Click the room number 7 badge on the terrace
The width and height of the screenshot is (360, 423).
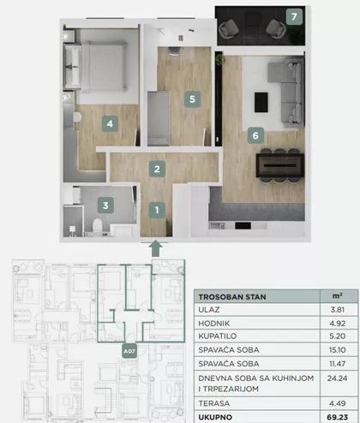[294, 16]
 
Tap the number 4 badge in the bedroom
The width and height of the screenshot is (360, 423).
[110, 123]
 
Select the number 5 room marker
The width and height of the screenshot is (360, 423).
[192, 99]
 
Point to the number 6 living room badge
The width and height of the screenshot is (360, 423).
[255, 135]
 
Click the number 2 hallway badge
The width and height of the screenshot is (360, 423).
[157, 169]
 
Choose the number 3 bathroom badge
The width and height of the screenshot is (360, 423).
[105, 206]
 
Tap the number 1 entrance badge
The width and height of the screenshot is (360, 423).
[157, 211]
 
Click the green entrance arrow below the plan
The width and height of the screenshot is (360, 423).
[155, 248]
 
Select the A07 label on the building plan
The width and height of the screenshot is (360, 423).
[129, 351]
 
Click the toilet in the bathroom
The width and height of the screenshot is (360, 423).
[98, 226]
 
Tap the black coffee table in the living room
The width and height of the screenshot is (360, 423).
[261, 102]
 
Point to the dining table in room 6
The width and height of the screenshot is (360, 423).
[279, 165]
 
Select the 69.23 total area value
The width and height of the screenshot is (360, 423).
[338, 417]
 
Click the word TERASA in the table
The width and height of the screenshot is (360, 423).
[214, 403]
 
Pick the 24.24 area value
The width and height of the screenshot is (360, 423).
[337, 378]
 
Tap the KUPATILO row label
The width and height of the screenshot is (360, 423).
[218, 336]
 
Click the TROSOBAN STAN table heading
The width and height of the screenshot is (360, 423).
[232, 297]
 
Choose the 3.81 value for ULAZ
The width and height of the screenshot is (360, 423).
[338, 310]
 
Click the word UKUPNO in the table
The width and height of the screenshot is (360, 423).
[215, 417]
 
